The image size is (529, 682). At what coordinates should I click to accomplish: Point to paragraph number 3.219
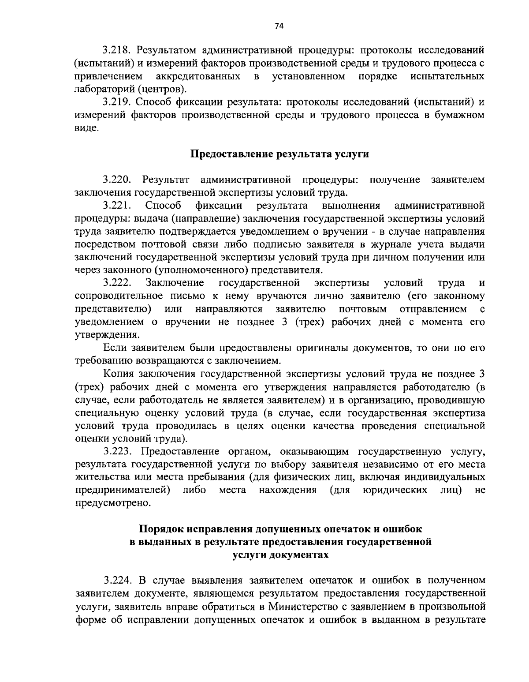117,103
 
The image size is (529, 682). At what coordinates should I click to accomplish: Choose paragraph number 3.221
118,206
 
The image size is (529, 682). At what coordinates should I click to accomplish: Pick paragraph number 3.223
118,452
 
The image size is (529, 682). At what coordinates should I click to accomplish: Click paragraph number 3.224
118,580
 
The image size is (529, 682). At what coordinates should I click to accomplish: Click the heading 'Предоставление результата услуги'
279,154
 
